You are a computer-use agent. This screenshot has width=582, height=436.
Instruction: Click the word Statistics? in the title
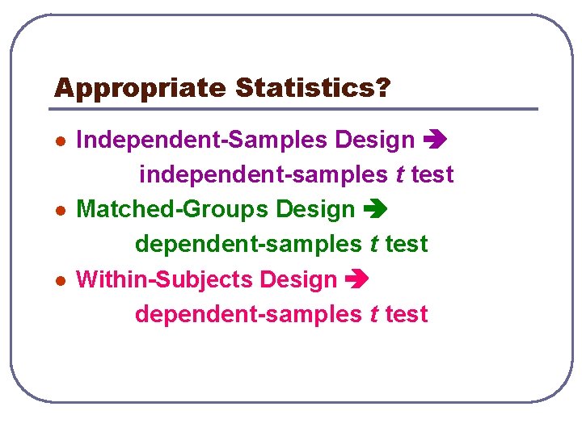(x=312, y=88)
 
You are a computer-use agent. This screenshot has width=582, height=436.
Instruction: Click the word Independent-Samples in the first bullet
(x=202, y=140)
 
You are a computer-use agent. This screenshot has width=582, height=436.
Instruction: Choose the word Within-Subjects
(x=164, y=279)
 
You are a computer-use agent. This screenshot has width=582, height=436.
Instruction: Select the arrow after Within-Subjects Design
(x=356, y=280)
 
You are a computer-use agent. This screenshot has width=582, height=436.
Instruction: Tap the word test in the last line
(x=407, y=313)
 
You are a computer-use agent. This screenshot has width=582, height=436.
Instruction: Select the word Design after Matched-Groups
(x=315, y=209)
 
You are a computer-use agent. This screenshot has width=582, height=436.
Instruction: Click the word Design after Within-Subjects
(x=297, y=279)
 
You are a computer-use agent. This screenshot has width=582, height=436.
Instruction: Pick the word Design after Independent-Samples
(x=374, y=140)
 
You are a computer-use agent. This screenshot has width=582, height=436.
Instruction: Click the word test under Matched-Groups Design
(x=407, y=243)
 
